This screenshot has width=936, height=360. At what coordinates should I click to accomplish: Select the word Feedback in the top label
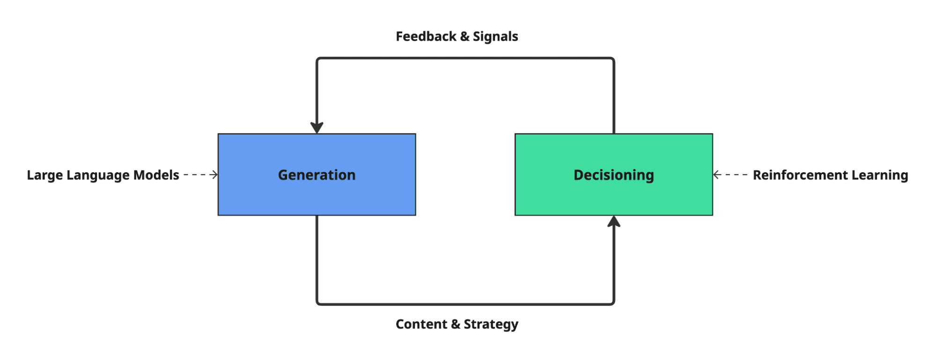[426, 37]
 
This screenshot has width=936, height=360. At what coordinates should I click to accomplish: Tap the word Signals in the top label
[495, 37]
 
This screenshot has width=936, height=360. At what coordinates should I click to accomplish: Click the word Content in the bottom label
[421, 324]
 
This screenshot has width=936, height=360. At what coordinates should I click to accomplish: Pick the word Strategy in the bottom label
[491, 324]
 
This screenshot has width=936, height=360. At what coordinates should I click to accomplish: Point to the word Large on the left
[44, 175]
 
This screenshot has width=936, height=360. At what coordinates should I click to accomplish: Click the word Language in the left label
[98, 175]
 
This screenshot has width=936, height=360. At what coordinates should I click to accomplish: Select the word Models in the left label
[156, 175]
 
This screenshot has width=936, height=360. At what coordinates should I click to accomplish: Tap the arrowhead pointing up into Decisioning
[614, 222]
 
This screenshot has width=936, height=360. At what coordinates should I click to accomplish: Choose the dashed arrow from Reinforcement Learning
[730, 175]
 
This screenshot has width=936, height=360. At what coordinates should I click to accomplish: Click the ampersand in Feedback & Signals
[464, 37]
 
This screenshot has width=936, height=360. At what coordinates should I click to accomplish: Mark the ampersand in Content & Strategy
[455, 324]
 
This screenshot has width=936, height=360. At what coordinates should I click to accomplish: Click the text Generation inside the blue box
[317, 175]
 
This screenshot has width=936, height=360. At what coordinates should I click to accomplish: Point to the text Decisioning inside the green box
[613, 175]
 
